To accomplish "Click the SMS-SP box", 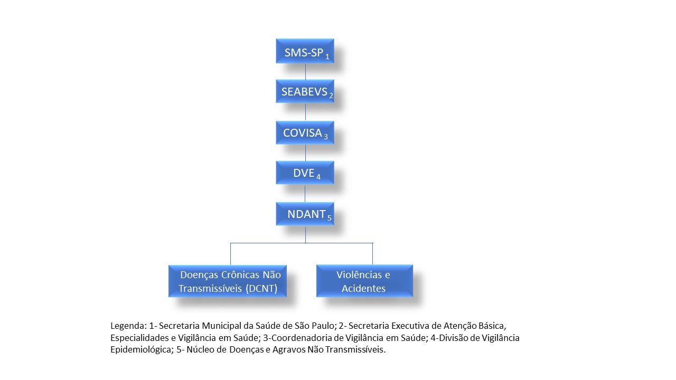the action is pyautogui.click(x=305, y=51).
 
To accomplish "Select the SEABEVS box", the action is pyautogui.click(x=305, y=91).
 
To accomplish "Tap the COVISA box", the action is pyautogui.click(x=305, y=132).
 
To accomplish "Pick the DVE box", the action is pyautogui.click(x=305, y=173).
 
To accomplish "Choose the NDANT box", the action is pyautogui.click(x=305, y=214).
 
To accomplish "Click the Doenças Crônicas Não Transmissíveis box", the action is pyautogui.click(x=228, y=281).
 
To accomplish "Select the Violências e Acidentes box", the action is pyautogui.click(x=364, y=281).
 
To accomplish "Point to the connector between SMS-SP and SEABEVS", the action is pyautogui.click(x=305, y=71).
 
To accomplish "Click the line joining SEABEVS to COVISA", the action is pyautogui.click(x=305, y=112).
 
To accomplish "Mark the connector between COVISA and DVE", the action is pyautogui.click(x=305, y=153).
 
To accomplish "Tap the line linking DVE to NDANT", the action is pyautogui.click(x=305, y=193).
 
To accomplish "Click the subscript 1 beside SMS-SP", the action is pyautogui.click(x=327, y=56).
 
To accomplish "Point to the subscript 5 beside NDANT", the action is pyautogui.click(x=329, y=218).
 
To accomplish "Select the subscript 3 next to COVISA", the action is pyautogui.click(x=326, y=137).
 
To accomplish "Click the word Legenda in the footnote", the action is pyautogui.click(x=128, y=326).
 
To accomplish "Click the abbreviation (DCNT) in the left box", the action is pyautogui.click(x=261, y=289).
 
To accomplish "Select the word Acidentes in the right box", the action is pyautogui.click(x=363, y=288).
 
